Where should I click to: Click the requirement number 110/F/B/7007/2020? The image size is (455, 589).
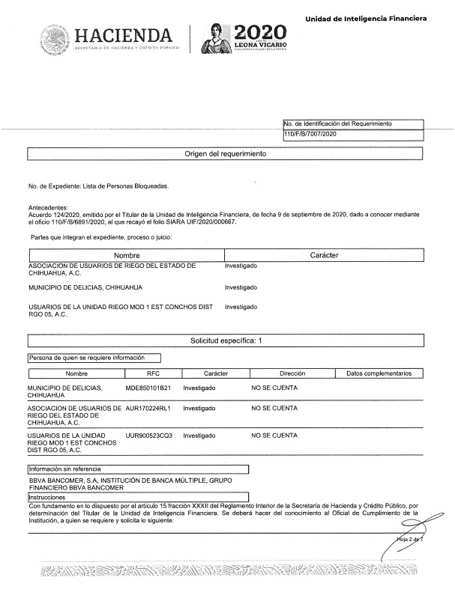[312, 134]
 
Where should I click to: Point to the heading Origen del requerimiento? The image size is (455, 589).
[225, 154]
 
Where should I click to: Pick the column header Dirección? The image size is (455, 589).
[292, 373]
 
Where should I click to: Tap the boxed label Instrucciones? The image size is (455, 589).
[46, 497]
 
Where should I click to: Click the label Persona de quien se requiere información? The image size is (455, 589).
[85, 358]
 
